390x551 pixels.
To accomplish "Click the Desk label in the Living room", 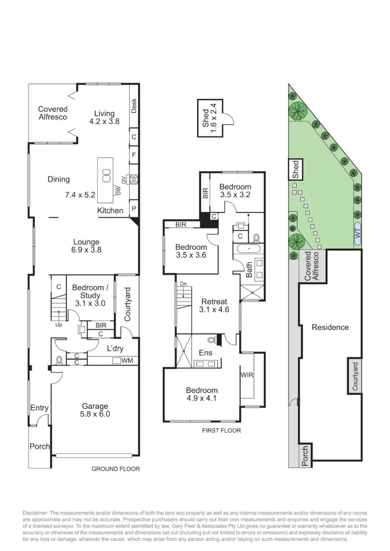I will click(134, 106).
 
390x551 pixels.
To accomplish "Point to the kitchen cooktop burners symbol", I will click(134, 179).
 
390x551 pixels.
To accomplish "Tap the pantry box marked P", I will click(134, 209).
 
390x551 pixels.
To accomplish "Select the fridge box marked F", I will click(134, 154).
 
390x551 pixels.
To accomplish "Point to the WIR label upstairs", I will click(247, 375).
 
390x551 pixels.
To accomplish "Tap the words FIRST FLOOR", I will click(221, 431).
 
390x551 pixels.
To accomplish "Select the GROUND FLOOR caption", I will click(115, 468).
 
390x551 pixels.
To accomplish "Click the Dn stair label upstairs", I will click(182, 284).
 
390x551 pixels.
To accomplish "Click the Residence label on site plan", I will click(330, 327).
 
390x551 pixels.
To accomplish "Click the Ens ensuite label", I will click(205, 352).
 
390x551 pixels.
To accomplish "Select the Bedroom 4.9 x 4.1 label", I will click(202, 394).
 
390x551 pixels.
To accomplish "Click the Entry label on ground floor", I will click(39, 408).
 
